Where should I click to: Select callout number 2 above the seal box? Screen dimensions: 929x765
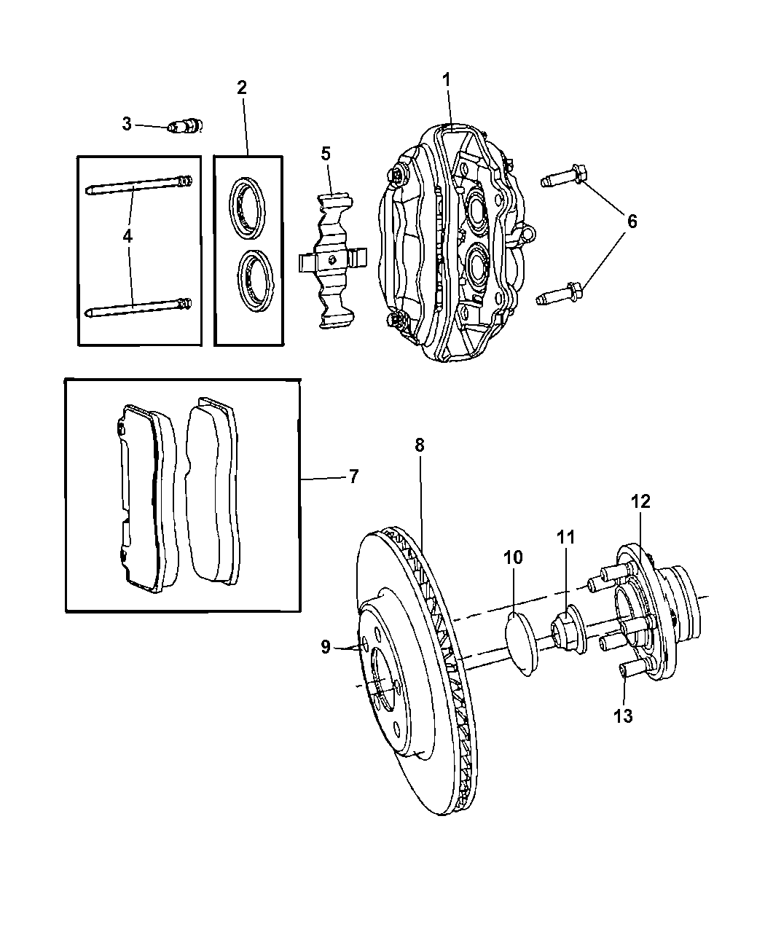242,88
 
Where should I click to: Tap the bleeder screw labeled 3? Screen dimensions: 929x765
185,127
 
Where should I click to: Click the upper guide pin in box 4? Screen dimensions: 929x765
138,186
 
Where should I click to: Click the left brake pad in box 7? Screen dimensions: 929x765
143,499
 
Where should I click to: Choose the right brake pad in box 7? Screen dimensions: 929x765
213,492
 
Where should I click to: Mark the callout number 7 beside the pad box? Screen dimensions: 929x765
353,477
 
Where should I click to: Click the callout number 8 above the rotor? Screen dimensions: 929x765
420,445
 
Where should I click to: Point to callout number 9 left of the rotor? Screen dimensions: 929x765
324,646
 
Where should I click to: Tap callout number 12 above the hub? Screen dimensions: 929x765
640,502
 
